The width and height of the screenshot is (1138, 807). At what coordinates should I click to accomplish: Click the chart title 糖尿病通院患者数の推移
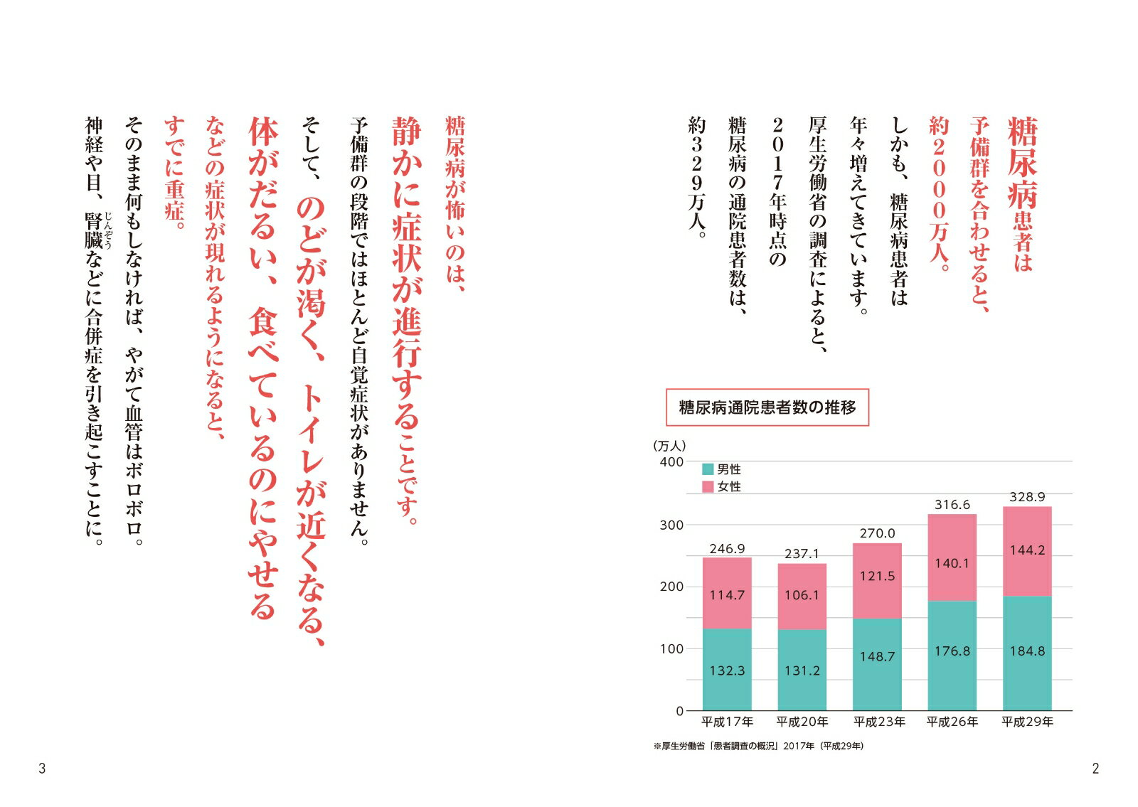point(767,407)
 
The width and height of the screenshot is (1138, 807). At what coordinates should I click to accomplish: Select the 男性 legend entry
point(722,469)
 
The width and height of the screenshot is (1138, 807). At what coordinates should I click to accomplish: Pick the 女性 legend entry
point(722,487)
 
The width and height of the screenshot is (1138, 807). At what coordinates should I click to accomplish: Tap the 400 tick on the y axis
point(671,461)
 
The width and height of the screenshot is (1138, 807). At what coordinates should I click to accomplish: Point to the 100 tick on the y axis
point(671,648)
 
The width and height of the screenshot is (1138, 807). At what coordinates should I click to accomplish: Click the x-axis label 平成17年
point(727,722)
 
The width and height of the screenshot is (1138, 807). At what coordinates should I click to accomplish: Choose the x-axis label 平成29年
point(1027,722)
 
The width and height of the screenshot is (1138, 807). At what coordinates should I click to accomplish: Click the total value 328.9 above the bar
point(1027,497)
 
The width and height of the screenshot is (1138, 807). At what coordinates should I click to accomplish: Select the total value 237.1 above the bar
point(802,554)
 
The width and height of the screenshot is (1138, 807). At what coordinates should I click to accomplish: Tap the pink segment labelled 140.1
point(952,563)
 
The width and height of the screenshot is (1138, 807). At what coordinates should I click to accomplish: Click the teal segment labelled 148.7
point(877,657)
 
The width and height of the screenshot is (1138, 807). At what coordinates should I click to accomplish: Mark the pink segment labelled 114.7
point(727,595)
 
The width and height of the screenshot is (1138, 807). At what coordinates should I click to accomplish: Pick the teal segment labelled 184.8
point(1027,651)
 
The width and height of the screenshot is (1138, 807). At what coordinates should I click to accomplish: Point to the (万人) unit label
point(669,446)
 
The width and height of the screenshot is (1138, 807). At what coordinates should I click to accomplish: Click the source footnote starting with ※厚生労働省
point(758,746)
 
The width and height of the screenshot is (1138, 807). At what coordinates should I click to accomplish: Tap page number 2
point(1095,768)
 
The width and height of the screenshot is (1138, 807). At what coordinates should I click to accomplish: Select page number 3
point(42,768)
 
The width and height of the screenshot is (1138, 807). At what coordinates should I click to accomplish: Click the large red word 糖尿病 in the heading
point(1022,164)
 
